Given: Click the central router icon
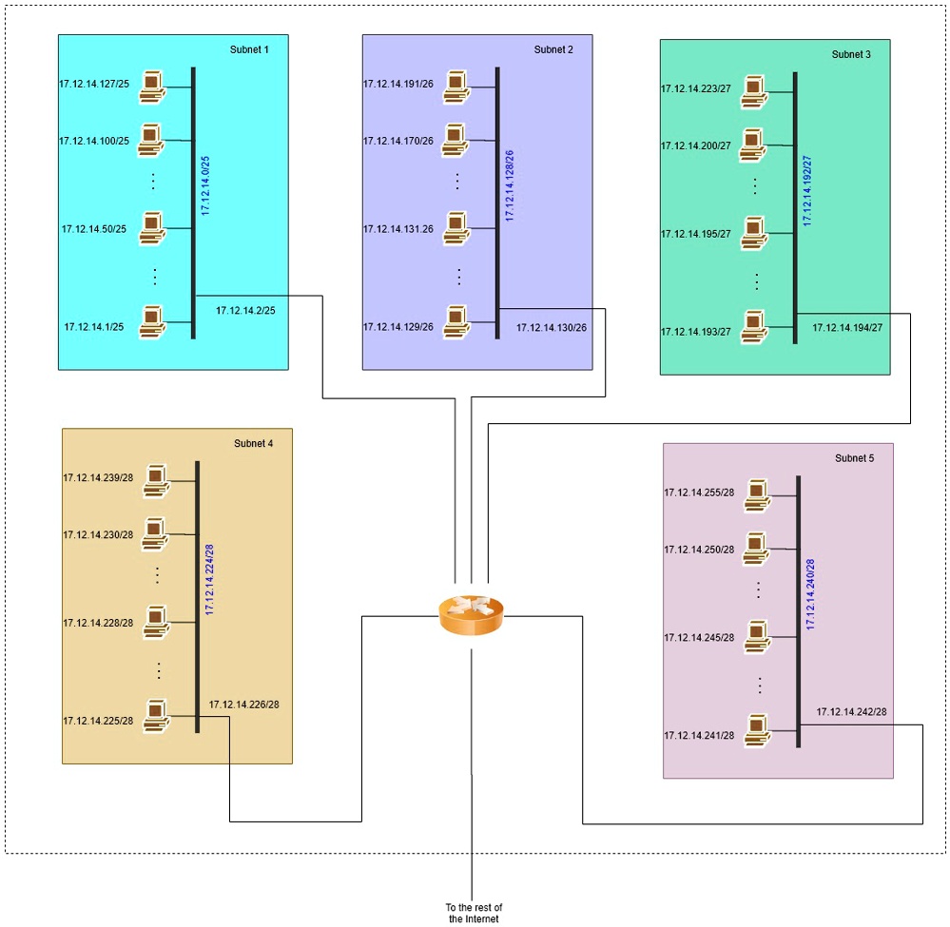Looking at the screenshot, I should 472,616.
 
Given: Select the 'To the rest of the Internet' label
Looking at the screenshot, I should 473,913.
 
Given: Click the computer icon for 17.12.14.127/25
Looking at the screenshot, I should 151,86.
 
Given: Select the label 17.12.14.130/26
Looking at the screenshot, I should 552,327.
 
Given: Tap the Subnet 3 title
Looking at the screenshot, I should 851,54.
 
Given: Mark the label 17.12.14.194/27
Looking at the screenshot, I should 847,327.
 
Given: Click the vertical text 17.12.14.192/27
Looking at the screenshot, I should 807,190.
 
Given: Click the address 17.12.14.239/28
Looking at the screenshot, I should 98,477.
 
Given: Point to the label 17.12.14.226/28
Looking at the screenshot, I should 244,705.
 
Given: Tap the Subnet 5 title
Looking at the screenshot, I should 854,458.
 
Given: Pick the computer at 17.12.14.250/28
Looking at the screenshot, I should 757,547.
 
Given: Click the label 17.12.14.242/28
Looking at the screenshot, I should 851,711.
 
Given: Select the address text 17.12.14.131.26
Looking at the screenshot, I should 397,229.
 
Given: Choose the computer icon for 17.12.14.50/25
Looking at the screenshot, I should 152,228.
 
